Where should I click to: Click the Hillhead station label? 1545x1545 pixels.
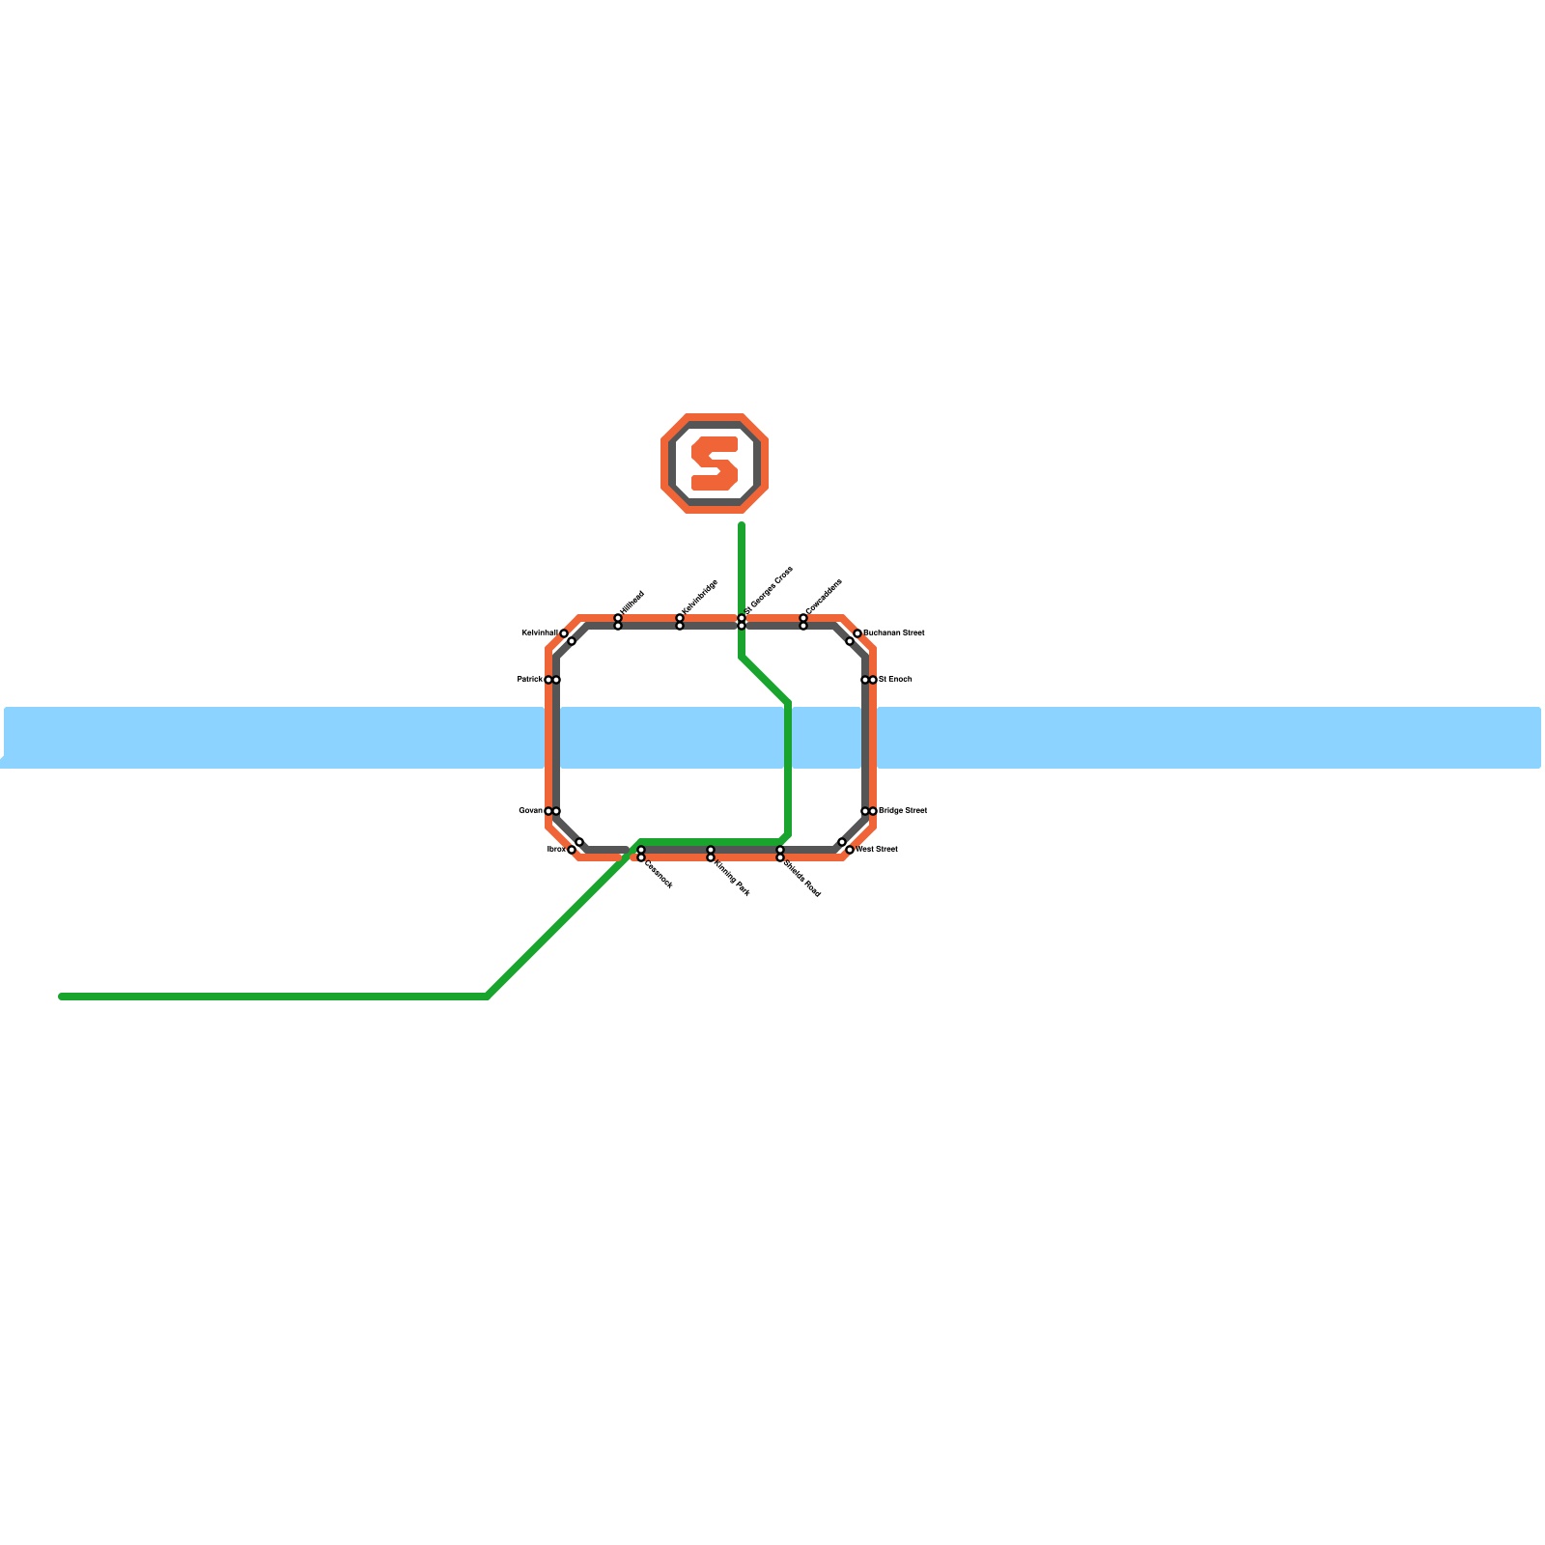(x=632, y=601)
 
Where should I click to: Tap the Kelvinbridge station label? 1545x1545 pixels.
(x=700, y=596)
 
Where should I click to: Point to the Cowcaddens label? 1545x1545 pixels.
(x=824, y=596)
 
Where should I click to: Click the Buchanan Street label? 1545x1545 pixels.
(x=894, y=633)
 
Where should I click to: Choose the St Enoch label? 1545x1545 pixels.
(x=895, y=680)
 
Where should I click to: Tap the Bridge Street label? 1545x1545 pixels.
(x=903, y=811)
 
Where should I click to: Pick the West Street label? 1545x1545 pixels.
(x=877, y=850)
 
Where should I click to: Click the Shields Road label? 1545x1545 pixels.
(x=802, y=878)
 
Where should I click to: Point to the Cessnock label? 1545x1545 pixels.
(x=659, y=873)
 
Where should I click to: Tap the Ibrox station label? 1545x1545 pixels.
(x=556, y=850)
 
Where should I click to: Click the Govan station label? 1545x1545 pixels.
(x=530, y=811)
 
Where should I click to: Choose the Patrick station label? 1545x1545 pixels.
(x=529, y=680)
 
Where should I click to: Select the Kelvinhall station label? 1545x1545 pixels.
(x=539, y=633)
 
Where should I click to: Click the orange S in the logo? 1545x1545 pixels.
(x=715, y=463)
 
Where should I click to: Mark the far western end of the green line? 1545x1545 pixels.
(x=61, y=997)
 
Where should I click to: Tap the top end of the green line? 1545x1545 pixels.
(x=742, y=525)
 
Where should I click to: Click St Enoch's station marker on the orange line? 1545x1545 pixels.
(x=873, y=680)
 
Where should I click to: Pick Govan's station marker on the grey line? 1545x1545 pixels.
(x=556, y=811)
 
